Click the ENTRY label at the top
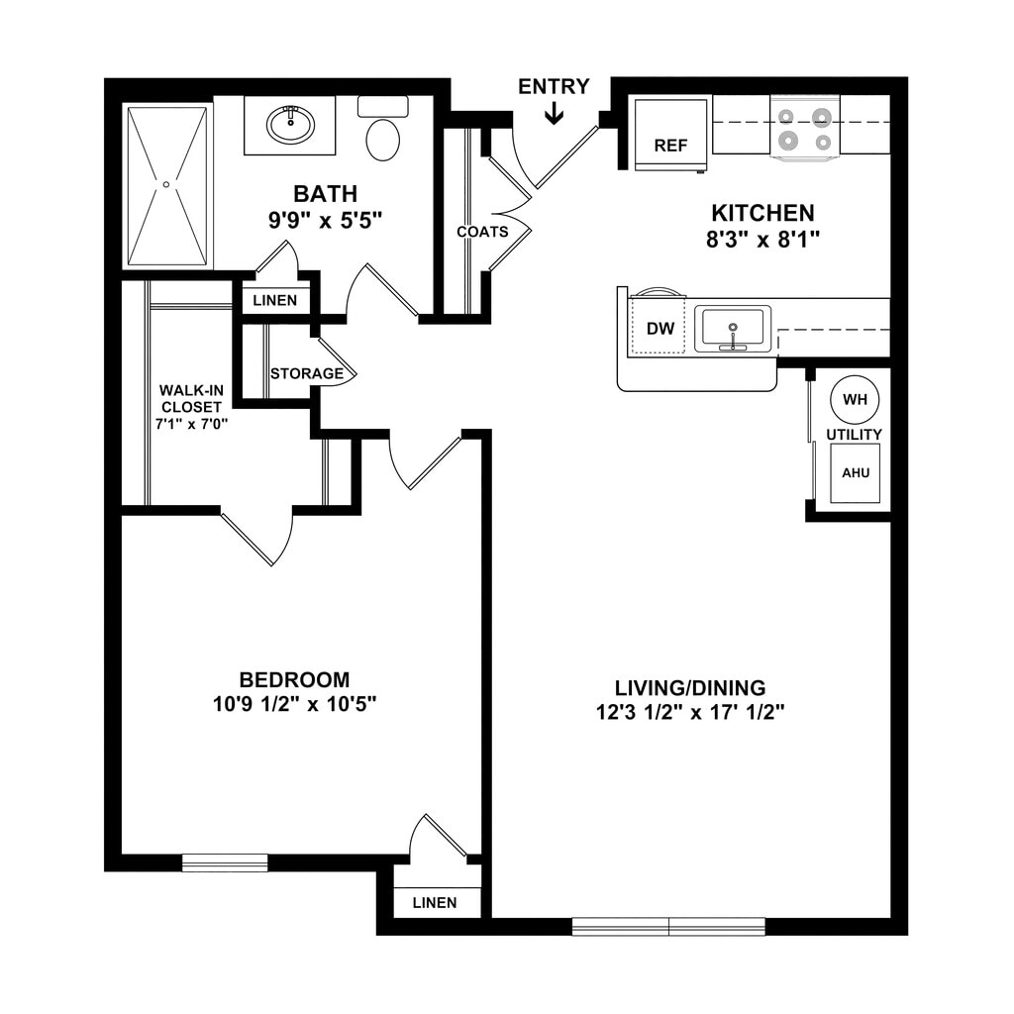coord(554,87)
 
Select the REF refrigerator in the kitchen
coord(670,134)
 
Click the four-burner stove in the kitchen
coord(804,129)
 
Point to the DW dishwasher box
coord(659,329)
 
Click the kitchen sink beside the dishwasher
coord(733,329)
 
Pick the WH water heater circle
coord(854,400)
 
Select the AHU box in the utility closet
coord(856,473)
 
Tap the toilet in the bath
coord(383,133)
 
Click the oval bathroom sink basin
coord(291,125)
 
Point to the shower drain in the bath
coord(166,184)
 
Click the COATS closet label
coord(482,232)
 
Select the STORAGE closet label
coord(307,374)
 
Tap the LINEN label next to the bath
coord(274,300)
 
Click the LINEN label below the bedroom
coord(435,902)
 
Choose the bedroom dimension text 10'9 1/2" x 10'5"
coord(294,704)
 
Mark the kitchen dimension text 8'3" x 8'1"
coord(762,239)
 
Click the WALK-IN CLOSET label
coord(191,406)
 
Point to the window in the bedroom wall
coord(225,862)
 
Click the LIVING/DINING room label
coord(690,687)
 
